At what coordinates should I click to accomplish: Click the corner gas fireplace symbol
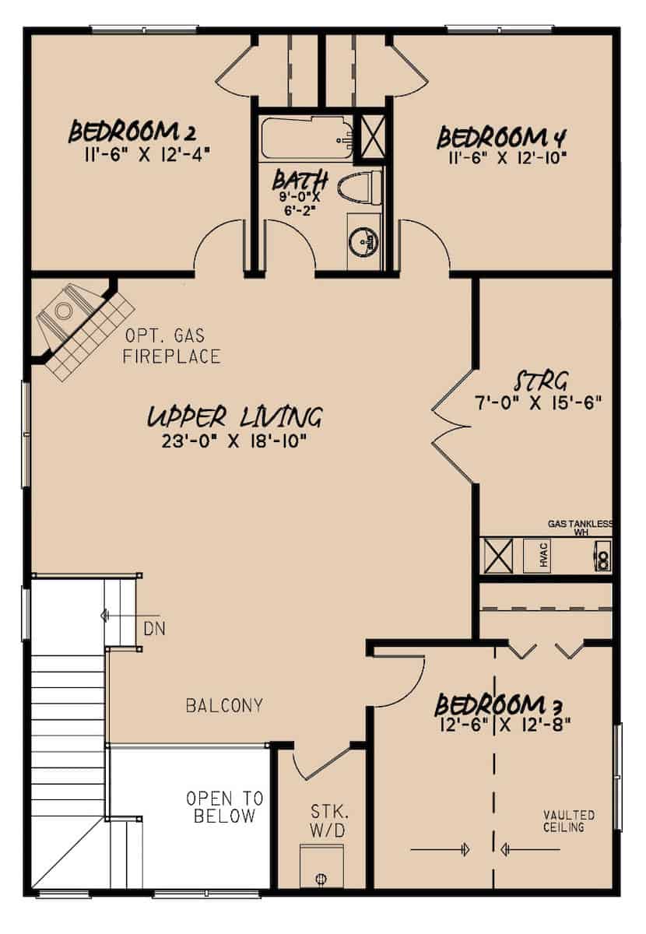78,323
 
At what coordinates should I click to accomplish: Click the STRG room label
542,381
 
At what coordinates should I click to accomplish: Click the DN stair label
154,627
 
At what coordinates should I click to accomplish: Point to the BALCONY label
224,706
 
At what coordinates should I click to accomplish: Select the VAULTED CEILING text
569,821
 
